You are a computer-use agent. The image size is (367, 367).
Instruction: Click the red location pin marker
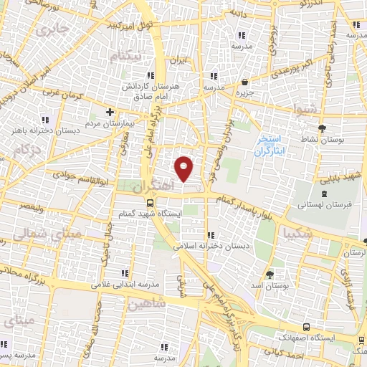(x=185, y=168)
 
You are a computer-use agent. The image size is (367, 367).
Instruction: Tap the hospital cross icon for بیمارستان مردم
(x=110, y=112)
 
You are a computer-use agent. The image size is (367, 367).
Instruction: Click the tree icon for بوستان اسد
(x=270, y=274)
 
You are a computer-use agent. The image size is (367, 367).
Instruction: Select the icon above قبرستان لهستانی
(x=323, y=192)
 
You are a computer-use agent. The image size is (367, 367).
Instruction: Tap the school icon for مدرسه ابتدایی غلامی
(x=125, y=272)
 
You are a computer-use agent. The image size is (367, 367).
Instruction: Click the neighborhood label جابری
(x=52, y=30)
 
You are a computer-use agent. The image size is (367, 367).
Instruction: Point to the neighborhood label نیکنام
(x=125, y=56)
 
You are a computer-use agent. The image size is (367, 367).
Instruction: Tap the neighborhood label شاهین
(x=148, y=303)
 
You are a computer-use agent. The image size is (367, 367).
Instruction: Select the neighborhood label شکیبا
(x=297, y=233)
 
